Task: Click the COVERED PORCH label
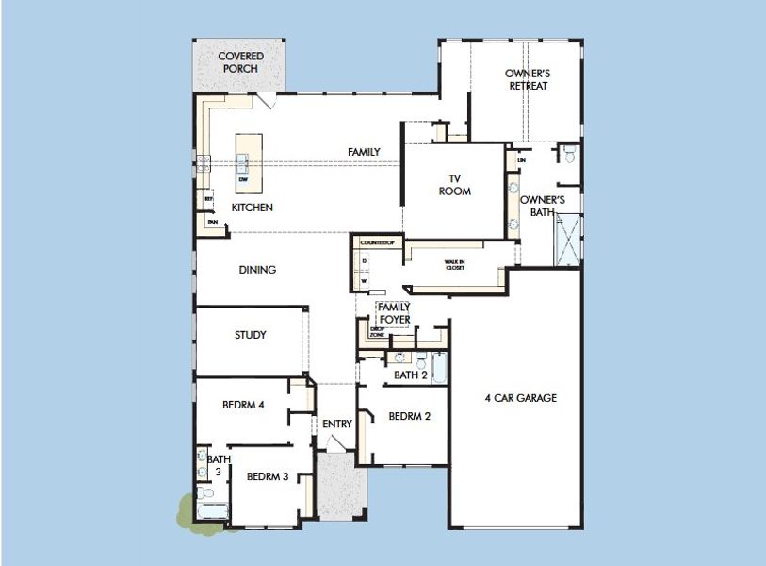point(240,62)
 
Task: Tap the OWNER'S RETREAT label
point(527,79)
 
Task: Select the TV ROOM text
point(454,185)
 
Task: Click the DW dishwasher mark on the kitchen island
point(243,179)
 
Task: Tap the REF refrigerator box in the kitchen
point(208,200)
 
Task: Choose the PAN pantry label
point(213,223)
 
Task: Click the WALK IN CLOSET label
point(456,266)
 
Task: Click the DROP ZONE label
point(376,332)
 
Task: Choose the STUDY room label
point(251,335)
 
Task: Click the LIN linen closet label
point(521,162)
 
